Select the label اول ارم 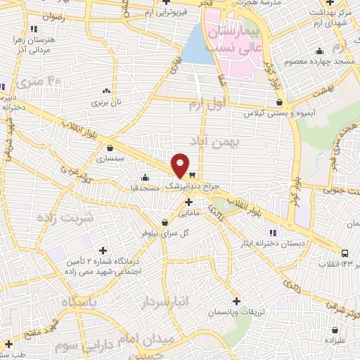pyautogui.click(x=205, y=105)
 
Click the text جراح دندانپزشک pyautogui.click(x=192, y=186)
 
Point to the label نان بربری pyautogui.click(x=105, y=102)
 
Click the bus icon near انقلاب pyautogui.click(x=345, y=252)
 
